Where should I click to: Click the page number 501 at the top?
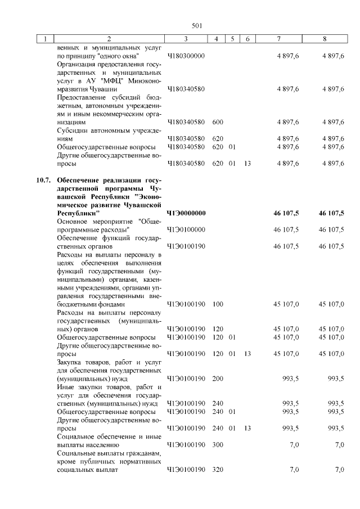point(197,25)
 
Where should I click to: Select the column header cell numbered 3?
point(186,39)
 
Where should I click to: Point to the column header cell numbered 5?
point(232,39)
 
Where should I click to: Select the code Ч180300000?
point(186,57)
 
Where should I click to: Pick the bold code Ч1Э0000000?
point(186,213)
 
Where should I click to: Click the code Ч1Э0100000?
point(186,229)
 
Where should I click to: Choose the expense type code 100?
point(218,304)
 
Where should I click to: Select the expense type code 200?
point(218,379)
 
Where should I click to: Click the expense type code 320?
point(218,470)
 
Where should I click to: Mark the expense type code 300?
point(218,445)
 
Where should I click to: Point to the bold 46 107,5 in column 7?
point(286,213)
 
